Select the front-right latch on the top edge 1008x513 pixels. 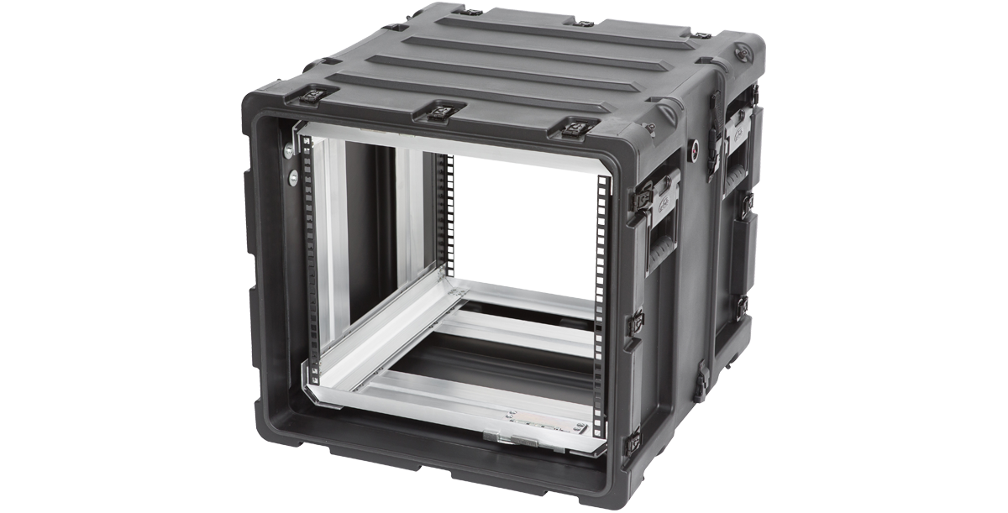pos(576,128)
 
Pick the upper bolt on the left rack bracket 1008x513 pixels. pos(290,151)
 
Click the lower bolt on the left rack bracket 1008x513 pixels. pos(293,177)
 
